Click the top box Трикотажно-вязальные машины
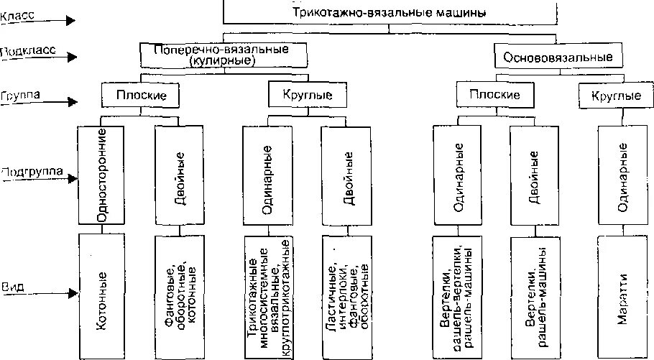pos(390,12)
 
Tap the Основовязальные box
pos(558,55)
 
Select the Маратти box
pos(622,295)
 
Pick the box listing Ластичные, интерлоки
pos(348,295)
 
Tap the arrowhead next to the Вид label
pos(71,293)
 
